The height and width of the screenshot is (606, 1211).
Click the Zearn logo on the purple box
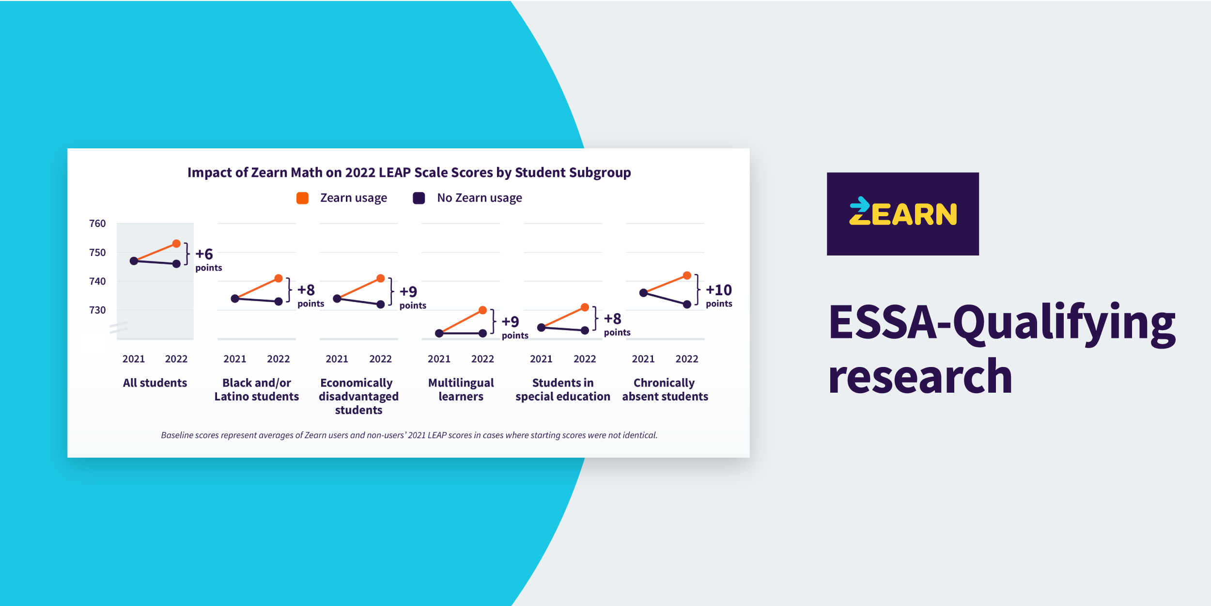[x=903, y=213]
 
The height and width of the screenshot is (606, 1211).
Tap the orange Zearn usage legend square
[x=302, y=198]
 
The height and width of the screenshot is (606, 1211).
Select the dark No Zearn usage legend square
[x=419, y=198]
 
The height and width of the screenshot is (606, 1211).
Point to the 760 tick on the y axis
[x=97, y=223]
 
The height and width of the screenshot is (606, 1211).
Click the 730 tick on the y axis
[x=97, y=310]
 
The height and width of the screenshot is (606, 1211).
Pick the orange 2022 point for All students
[x=176, y=243]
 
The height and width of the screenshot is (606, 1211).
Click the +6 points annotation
[x=208, y=259]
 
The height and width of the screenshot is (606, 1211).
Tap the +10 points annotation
[x=719, y=295]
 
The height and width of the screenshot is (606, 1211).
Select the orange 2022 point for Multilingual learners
[x=482, y=310]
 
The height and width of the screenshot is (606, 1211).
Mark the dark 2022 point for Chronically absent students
[x=687, y=304]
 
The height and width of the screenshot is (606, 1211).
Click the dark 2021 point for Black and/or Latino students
[x=235, y=299]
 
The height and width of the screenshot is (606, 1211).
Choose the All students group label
[x=155, y=383]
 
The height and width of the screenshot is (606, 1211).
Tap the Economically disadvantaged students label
[x=358, y=396]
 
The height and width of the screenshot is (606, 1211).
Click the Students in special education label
[x=563, y=390]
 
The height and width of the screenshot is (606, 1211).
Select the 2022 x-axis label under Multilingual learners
[x=482, y=359]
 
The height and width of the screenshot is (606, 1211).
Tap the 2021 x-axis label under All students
[x=134, y=359]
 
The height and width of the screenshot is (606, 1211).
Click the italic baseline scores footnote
[x=409, y=435]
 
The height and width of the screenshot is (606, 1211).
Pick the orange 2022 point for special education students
[x=585, y=307]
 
